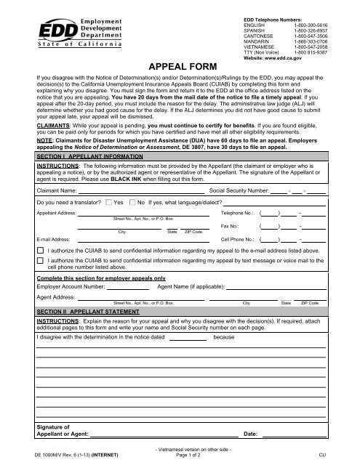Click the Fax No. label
(230, 227)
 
